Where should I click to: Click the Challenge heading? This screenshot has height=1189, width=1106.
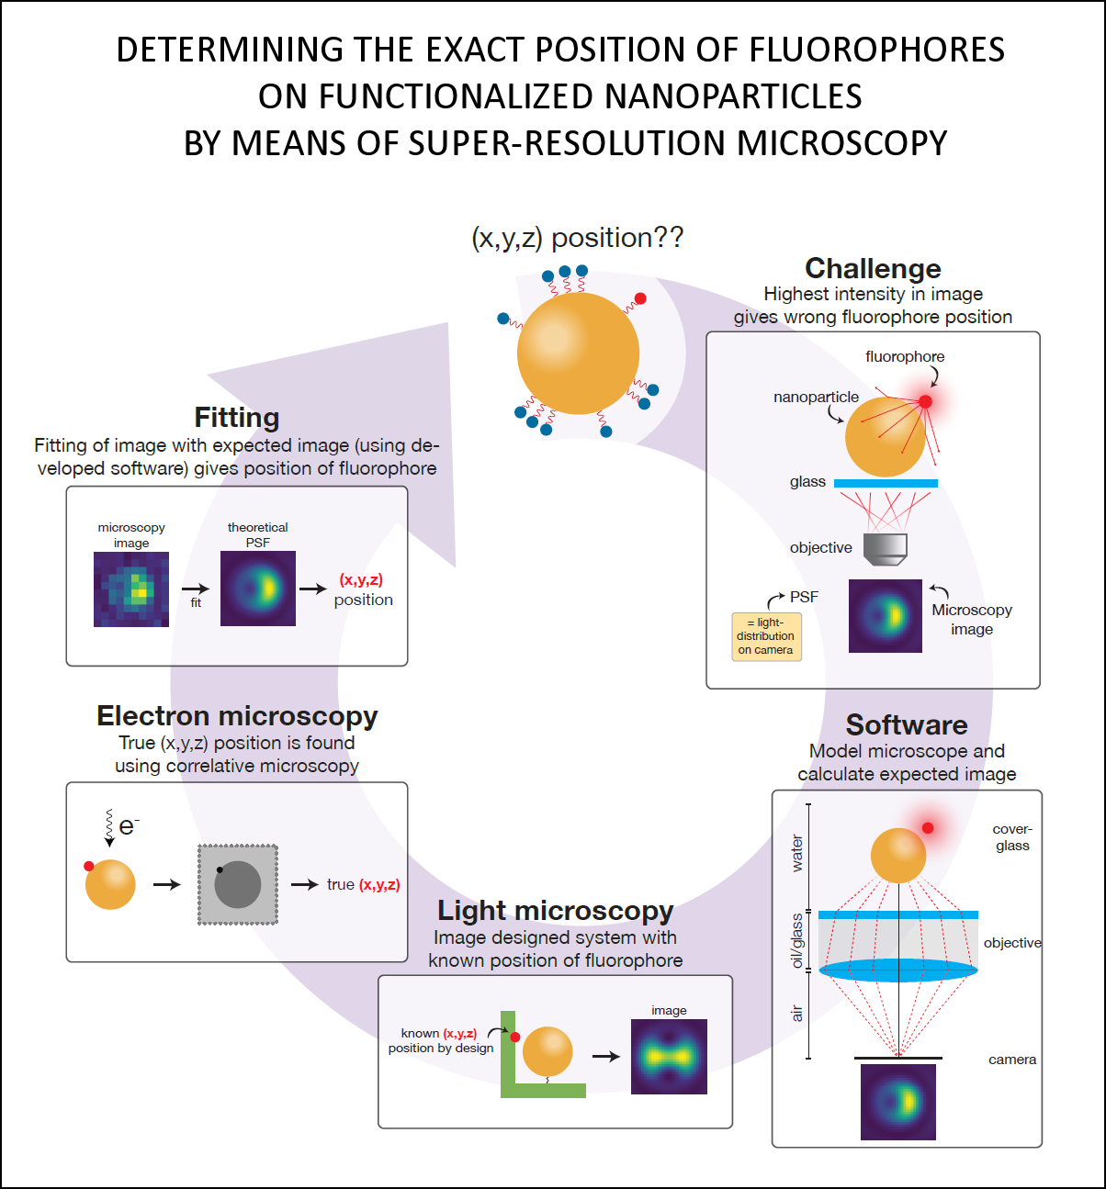click(873, 268)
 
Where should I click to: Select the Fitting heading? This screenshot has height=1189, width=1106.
click(237, 418)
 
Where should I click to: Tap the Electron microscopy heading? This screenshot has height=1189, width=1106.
click(237, 716)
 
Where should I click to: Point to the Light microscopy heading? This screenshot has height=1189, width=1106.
click(555, 911)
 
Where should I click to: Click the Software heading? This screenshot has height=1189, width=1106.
click(907, 725)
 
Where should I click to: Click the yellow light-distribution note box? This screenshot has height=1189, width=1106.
click(765, 636)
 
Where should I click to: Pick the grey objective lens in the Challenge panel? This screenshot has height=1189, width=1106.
click(886, 548)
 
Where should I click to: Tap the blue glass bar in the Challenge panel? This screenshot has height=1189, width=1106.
click(886, 483)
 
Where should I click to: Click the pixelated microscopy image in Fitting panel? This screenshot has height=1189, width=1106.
click(131, 589)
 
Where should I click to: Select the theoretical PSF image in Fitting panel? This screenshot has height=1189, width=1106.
click(258, 589)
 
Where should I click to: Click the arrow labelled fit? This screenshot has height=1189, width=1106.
click(195, 589)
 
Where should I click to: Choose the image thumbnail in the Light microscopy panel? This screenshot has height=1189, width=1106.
click(669, 1057)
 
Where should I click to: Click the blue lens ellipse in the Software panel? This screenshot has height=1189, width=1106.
click(897, 970)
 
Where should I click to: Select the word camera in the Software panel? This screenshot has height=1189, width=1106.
click(1012, 1060)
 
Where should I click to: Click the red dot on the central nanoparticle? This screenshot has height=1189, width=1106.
click(640, 298)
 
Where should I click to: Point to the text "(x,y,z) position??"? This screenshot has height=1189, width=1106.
click(577, 238)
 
